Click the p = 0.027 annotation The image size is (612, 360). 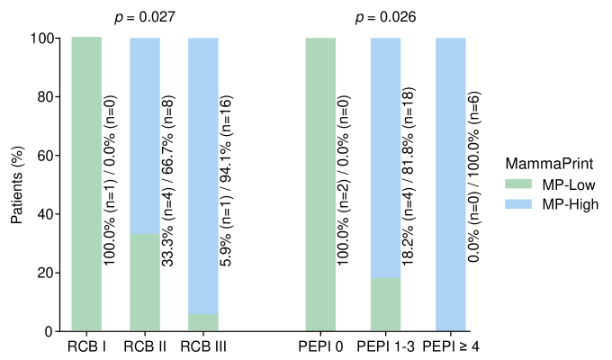point(145,17)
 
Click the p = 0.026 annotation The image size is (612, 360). point(386,17)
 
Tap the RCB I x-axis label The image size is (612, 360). point(86,346)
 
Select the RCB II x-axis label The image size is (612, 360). point(145,346)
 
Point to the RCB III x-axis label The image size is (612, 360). point(203,346)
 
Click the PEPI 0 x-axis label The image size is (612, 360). point(320,346)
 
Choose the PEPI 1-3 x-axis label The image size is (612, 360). point(385,346)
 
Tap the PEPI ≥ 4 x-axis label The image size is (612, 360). point(450,346)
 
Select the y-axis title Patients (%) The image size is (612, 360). point(16,184)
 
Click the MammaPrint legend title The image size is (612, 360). point(546,164)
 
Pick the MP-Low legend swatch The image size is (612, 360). point(517,184)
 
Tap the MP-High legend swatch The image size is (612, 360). point(517,204)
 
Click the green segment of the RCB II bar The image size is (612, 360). point(145,283)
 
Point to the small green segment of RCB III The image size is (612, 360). point(203,323)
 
